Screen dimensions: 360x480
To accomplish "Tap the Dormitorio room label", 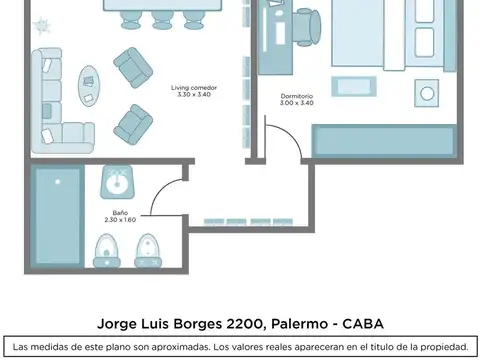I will pos(296,96).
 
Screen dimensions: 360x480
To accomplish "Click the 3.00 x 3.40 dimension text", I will pos(296,103).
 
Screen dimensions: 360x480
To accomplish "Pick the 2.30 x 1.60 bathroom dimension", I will pos(119,219).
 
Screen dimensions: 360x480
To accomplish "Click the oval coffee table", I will pos(89,86).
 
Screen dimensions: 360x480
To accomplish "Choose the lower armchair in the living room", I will pos(133,123).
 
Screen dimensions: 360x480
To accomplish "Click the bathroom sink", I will pos(117,183).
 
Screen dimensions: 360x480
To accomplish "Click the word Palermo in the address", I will pos(298,323).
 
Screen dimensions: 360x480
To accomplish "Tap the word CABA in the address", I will pos(362,323).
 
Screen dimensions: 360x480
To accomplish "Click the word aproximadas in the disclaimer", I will pos(172,346).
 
